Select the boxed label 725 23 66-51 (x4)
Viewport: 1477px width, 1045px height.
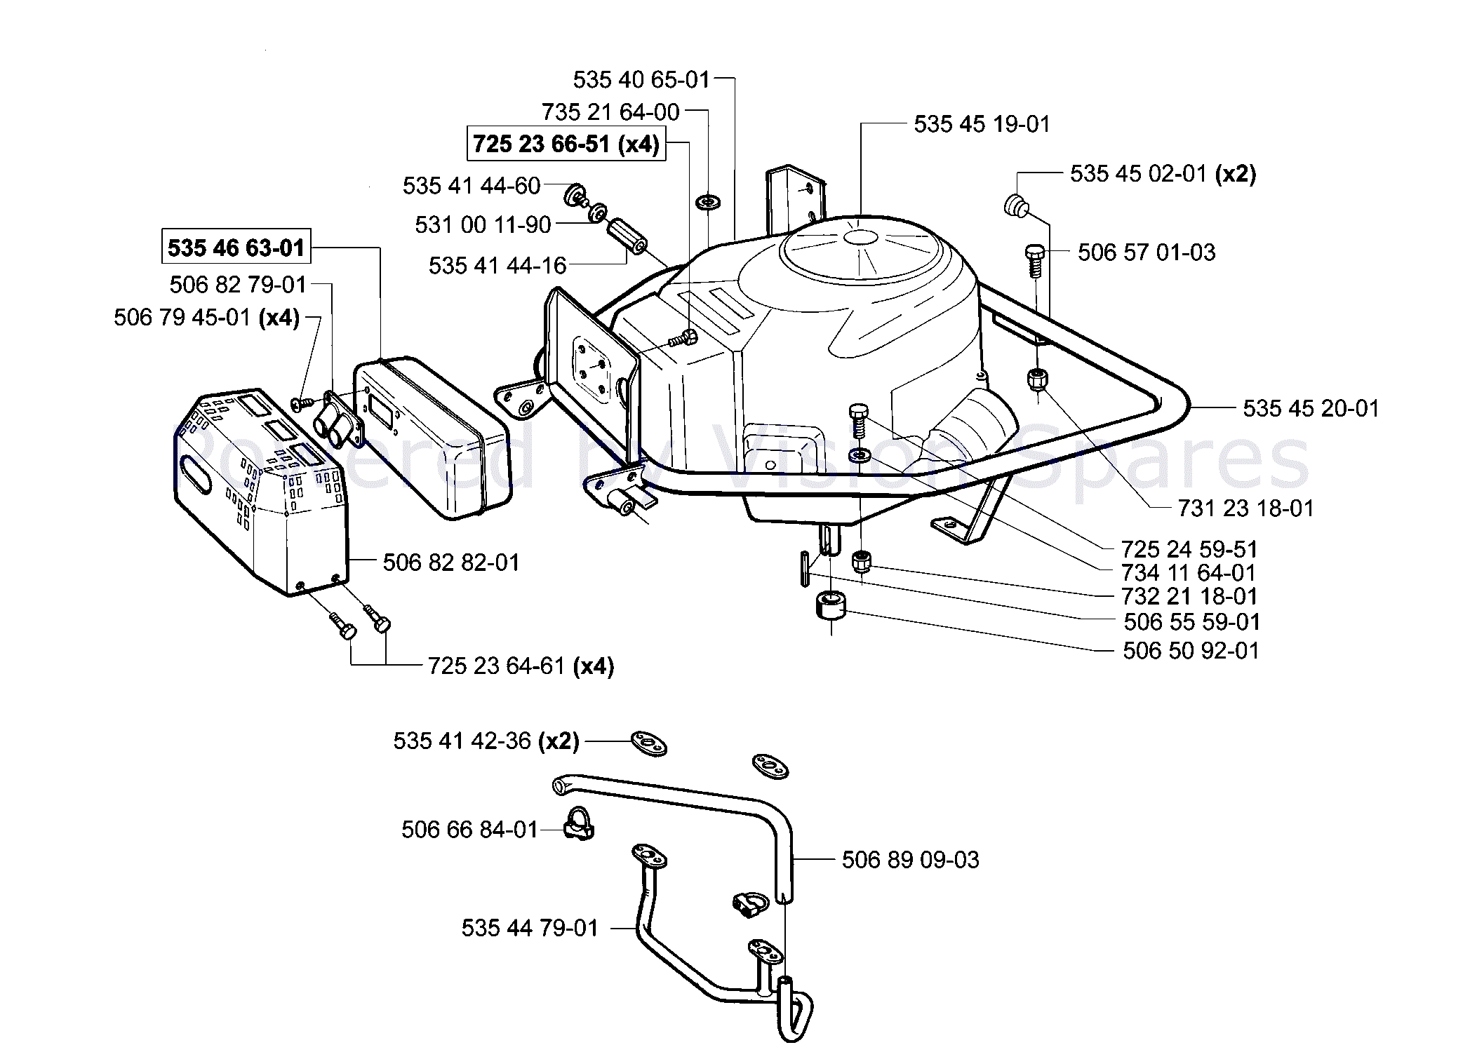[566, 144]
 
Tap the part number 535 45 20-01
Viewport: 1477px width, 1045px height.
[1311, 408]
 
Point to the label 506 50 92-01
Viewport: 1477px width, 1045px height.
[1191, 650]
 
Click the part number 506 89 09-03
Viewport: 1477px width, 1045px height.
[910, 859]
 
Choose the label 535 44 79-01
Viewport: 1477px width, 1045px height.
[530, 928]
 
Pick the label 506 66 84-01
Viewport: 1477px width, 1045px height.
[469, 830]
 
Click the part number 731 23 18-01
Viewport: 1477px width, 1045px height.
[1245, 508]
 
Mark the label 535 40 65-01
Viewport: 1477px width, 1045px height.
[641, 79]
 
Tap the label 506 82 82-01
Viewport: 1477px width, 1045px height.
[451, 562]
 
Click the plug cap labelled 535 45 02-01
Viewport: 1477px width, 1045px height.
[1015, 205]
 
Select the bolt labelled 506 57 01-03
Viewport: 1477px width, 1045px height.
[1035, 260]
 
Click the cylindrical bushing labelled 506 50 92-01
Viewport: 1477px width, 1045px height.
[831, 606]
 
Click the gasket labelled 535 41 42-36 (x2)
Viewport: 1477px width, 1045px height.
[648, 743]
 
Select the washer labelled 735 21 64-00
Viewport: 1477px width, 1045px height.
[707, 203]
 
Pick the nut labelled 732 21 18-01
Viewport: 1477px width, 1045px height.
[862, 562]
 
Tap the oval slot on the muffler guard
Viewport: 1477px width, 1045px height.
[196, 474]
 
